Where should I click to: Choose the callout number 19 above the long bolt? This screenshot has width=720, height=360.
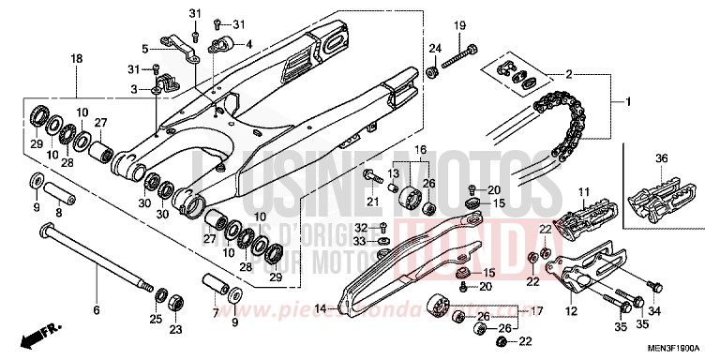pyautogui.click(x=460, y=24)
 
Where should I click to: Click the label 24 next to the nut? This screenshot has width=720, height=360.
pyautogui.click(x=435, y=48)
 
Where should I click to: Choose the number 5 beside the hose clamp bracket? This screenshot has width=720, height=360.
pyautogui.click(x=145, y=48)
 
